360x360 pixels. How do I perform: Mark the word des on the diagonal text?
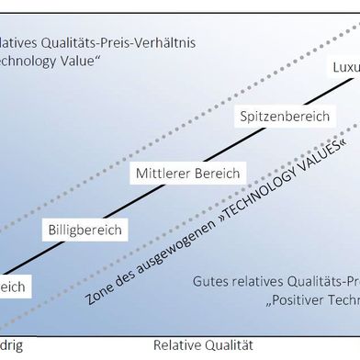(x=122, y=275)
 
